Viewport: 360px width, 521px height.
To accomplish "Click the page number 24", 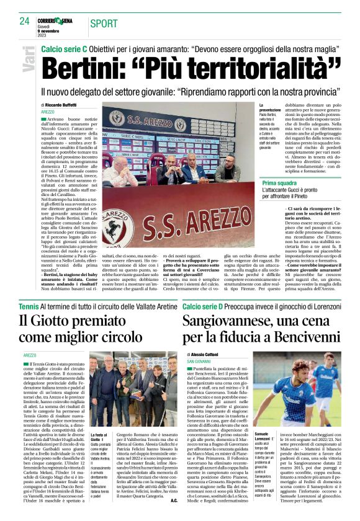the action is [25, 22].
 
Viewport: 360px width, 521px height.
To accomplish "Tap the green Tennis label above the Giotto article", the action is [29, 306].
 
